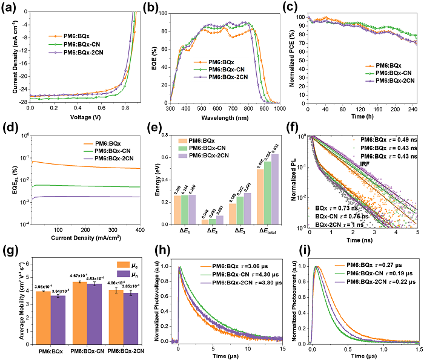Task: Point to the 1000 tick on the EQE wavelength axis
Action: (x=279, y=110)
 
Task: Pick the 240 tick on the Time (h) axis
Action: (x=413, y=110)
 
